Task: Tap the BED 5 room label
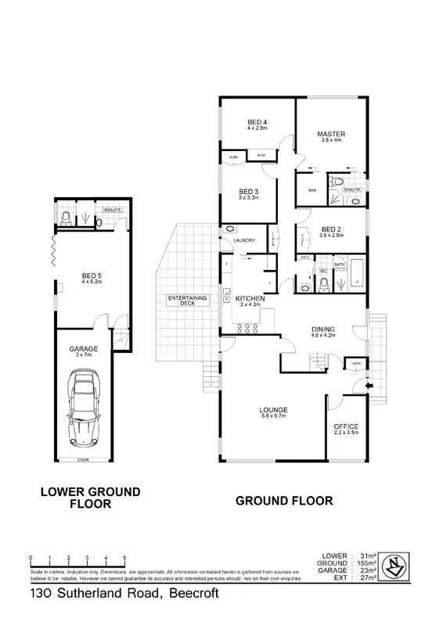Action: [92, 275]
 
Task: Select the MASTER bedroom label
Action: [331, 134]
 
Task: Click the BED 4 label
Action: [258, 122]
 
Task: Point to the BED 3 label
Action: [248, 192]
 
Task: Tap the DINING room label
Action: [322, 329]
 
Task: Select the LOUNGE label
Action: [274, 410]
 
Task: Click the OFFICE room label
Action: [346, 426]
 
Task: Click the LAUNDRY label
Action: [245, 240]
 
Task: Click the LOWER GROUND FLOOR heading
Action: [91, 498]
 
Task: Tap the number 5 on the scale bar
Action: [125, 557]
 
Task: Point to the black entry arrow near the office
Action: [370, 385]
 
